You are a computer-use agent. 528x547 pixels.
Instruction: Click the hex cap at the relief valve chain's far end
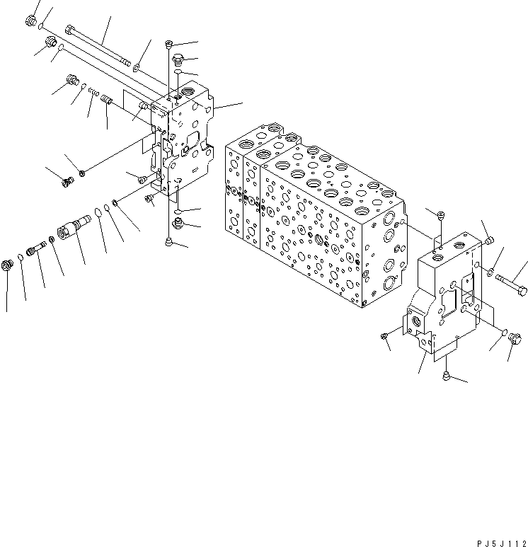[9, 265]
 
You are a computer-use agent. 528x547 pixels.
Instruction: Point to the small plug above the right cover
[440, 215]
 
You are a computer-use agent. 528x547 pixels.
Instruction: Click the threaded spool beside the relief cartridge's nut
[35, 249]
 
